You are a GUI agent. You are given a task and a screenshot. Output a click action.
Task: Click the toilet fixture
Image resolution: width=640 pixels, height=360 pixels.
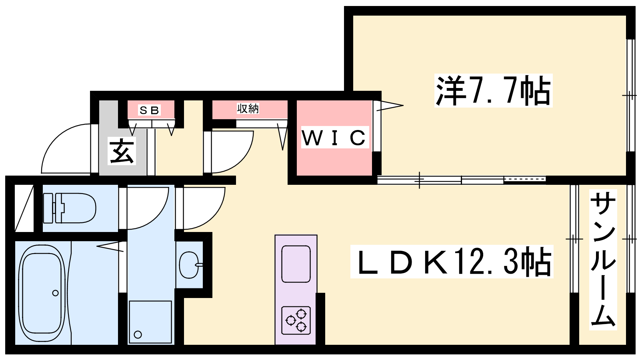click(70, 208)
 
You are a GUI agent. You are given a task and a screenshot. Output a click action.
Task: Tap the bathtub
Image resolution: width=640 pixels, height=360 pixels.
click(42, 293)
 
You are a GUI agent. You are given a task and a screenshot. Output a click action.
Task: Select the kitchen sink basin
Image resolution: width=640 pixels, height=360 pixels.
click(296, 264)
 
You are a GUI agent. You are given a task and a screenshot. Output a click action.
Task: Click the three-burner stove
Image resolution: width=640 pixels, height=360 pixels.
click(296, 320)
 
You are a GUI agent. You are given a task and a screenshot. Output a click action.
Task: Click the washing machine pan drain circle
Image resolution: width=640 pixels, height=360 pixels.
click(138, 334)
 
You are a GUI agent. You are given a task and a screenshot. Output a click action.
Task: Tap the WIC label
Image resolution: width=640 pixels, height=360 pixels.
click(334, 138)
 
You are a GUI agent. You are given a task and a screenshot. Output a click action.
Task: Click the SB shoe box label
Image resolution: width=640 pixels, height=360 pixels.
click(149, 110)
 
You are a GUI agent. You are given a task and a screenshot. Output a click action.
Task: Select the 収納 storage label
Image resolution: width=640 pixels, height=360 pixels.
click(248, 108)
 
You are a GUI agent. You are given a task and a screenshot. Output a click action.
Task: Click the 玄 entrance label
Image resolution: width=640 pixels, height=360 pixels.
click(122, 151)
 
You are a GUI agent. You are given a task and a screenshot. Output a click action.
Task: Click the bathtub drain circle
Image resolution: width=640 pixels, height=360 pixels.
click(55, 293)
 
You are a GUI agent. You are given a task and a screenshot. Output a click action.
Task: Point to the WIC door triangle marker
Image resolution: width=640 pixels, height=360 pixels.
click(390, 106)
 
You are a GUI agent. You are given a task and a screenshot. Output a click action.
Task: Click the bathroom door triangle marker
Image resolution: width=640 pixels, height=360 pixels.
click(111, 247)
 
